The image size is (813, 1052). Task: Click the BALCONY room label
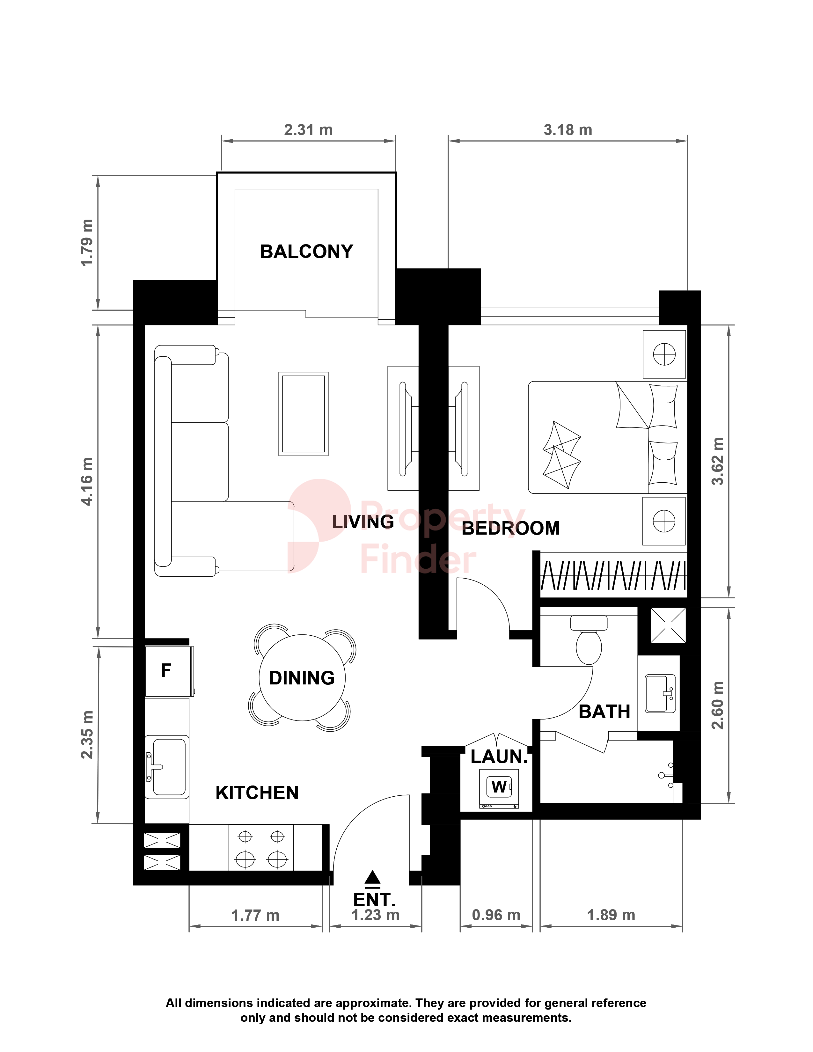pyautogui.click(x=306, y=252)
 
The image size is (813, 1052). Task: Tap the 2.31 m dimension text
pyautogui.click(x=308, y=130)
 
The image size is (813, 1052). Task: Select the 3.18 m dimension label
pyautogui.click(x=568, y=130)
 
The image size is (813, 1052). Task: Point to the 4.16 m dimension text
pyautogui.click(x=87, y=482)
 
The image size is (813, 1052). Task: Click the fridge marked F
pyautogui.click(x=169, y=671)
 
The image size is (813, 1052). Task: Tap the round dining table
pyautogui.click(x=302, y=678)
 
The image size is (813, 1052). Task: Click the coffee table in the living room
pyautogui.click(x=304, y=414)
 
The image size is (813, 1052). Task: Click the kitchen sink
pyautogui.click(x=167, y=767)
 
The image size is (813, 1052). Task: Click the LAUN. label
pyautogui.click(x=499, y=757)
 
